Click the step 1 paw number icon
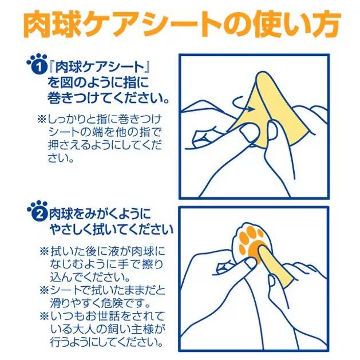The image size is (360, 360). [x=35, y=64]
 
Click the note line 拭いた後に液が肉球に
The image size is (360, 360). [x=102, y=252]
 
